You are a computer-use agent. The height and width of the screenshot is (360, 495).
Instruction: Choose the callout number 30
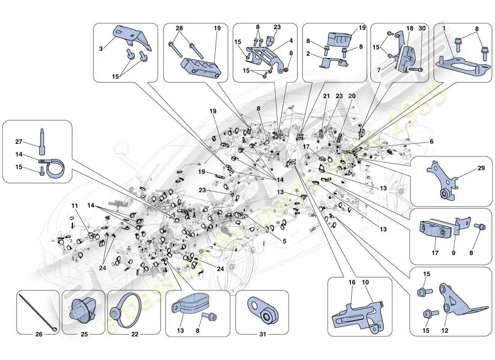422,28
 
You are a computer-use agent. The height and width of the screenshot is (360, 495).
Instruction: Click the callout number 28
179,28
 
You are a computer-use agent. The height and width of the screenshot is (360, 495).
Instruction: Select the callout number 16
352,282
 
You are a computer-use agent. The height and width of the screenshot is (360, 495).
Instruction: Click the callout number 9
454,253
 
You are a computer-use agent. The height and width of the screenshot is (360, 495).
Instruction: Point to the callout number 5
284,241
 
